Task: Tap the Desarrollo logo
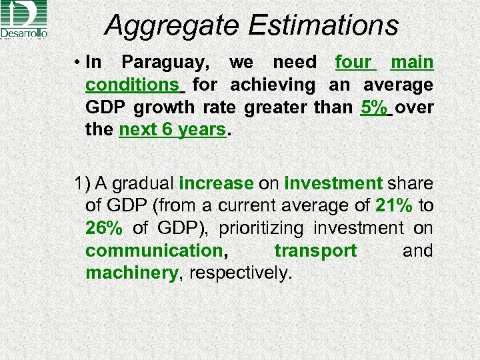[x=24, y=20]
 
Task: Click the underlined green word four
[x=353, y=63]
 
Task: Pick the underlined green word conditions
[x=132, y=85]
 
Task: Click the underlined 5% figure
[x=373, y=108]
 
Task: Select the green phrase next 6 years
[x=173, y=130]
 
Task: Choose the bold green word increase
[x=216, y=183]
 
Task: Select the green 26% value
[x=104, y=229]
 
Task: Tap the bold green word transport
[x=315, y=251]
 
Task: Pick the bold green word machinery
[x=132, y=273]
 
